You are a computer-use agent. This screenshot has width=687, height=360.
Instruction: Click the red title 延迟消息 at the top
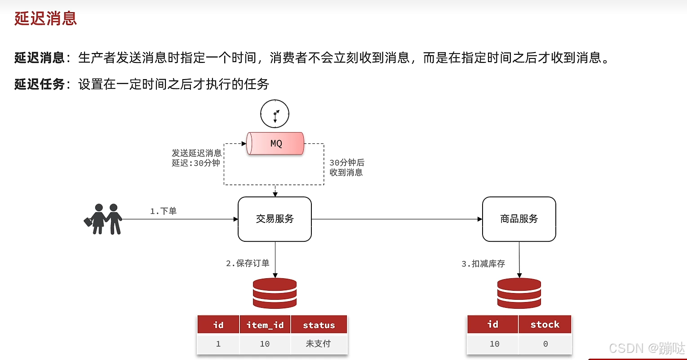(x=46, y=18)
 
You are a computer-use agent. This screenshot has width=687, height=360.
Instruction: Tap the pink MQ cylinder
(x=275, y=143)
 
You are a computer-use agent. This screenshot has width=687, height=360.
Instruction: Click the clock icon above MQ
(x=275, y=114)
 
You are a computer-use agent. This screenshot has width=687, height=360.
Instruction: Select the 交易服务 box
(x=275, y=219)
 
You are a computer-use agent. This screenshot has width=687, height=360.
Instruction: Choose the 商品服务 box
(x=519, y=219)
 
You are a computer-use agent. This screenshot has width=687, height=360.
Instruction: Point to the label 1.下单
(x=163, y=211)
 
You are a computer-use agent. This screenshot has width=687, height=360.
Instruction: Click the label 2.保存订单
(x=248, y=263)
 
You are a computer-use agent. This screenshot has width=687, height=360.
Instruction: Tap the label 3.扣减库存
(x=483, y=264)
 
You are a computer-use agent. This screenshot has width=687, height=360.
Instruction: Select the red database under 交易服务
(x=275, y=293)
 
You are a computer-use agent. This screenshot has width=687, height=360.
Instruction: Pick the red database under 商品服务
(x=519, y=293)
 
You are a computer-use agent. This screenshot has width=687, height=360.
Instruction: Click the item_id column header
(x=265, y=325)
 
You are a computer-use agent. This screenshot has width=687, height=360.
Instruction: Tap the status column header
(x=319, y=325)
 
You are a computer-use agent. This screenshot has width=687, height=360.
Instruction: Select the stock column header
(x=545, y=324)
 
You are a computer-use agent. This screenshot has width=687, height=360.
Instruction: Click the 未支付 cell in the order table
(x=318, y=344)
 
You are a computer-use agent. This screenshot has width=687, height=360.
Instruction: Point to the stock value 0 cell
(x=545, y=344)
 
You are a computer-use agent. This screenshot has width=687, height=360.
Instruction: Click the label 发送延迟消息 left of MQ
(x=196, y=153)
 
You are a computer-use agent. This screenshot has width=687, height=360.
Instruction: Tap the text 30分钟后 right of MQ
(x=346, y=163)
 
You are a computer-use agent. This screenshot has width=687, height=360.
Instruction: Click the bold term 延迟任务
(x=40, y=84)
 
